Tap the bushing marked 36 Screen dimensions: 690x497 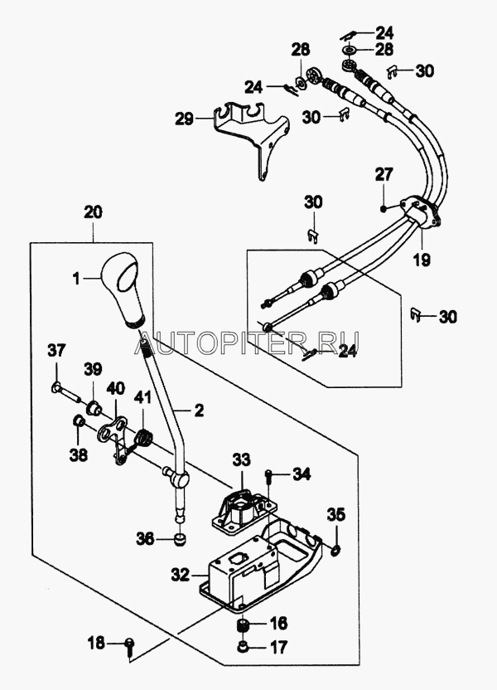180,541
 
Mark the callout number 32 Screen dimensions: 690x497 179,573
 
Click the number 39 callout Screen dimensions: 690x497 92,368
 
